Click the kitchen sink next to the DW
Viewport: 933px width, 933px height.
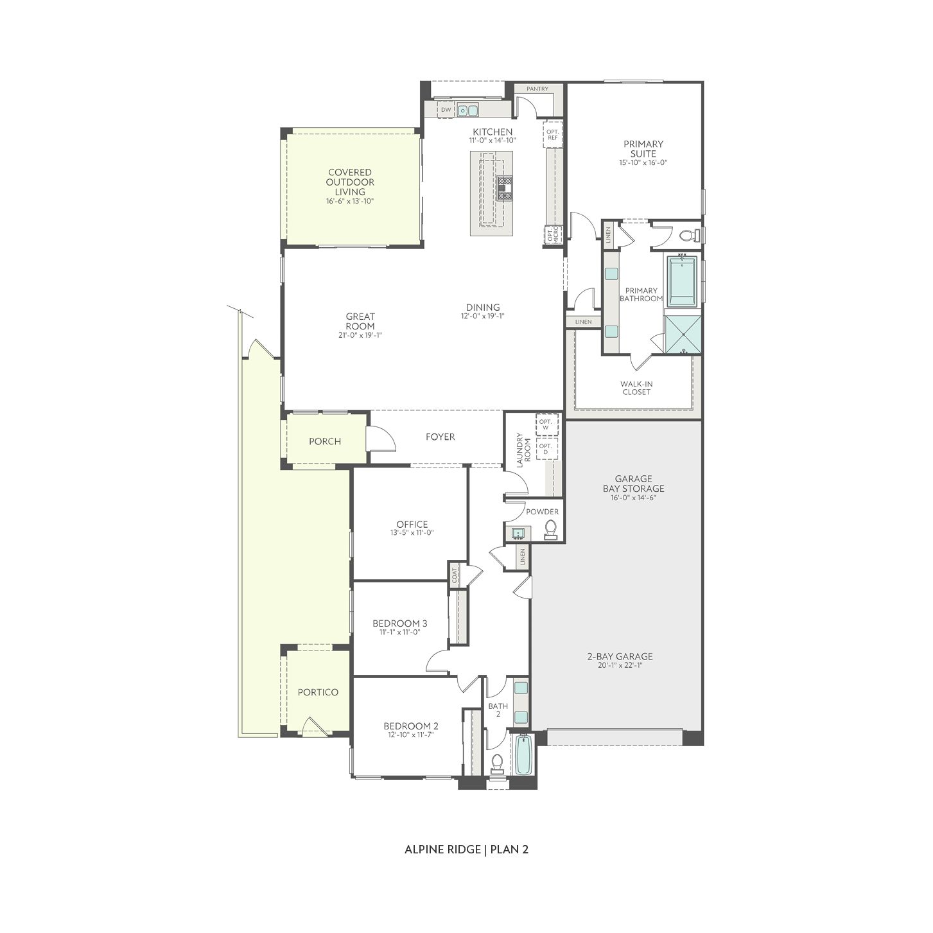468,110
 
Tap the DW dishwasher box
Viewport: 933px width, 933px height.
446,110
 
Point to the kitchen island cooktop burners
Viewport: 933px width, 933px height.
505,189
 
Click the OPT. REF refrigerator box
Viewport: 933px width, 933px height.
552,134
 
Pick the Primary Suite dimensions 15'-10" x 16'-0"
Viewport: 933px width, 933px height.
643,163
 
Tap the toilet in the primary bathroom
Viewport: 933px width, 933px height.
688,236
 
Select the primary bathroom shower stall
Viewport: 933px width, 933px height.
683,335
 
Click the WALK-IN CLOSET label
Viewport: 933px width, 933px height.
636,388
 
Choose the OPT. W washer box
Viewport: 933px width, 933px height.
546,424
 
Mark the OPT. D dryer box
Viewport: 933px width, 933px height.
546,449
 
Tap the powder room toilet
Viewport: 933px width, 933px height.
550,528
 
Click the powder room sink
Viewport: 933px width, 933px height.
518,532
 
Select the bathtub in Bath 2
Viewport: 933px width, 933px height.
523,755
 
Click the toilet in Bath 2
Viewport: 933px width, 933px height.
497,763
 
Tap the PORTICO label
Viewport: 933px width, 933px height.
317,692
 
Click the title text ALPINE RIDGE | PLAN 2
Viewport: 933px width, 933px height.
466,850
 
